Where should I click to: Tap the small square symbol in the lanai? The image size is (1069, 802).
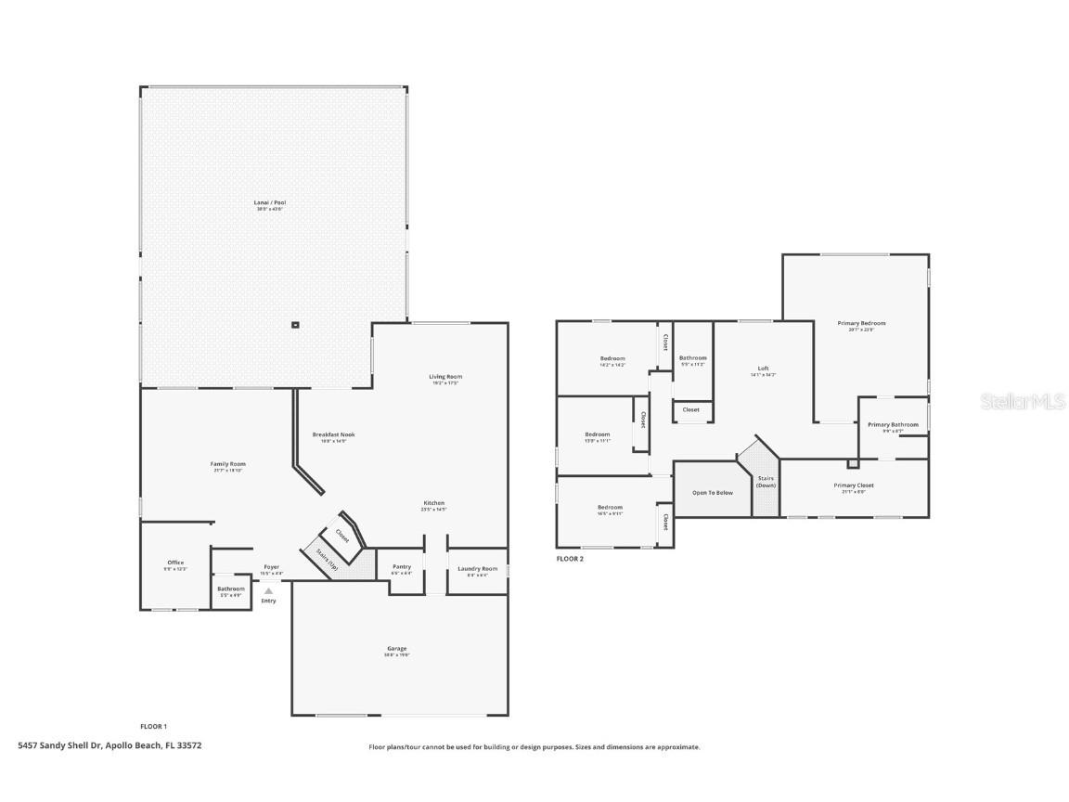295,325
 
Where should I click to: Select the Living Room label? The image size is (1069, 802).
445,377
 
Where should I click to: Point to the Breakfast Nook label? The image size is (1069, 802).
333,434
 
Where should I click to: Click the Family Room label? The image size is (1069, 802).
228,464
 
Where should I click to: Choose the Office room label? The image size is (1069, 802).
175,563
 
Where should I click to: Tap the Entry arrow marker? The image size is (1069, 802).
268,590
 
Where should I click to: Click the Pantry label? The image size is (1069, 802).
402,566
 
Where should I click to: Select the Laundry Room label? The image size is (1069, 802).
477,568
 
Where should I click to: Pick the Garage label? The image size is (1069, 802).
397,648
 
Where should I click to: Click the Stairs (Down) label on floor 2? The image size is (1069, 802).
766,482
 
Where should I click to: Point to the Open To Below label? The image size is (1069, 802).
712,492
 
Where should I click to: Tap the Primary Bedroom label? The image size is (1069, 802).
861,323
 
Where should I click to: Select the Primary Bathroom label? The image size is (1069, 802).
893,424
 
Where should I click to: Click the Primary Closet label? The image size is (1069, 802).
853,485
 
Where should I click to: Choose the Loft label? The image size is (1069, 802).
763,369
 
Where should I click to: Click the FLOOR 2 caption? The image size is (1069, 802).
570,559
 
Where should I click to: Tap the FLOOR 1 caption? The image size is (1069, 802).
153,726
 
